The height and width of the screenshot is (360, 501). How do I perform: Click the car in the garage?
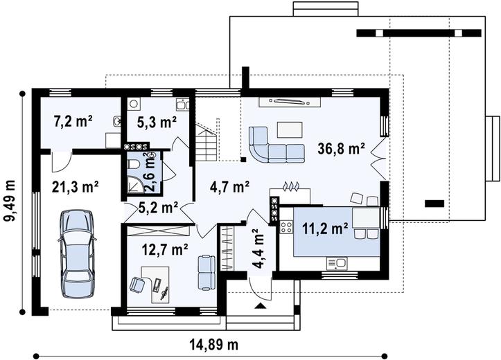[x=78, y=253]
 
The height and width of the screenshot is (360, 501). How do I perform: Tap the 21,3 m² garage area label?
[x=75, y=188]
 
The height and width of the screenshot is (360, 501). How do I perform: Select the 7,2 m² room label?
[x=73, y=122]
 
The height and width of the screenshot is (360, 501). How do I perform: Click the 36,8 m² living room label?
[x=341, y=149]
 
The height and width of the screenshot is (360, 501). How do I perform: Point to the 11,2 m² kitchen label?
[x=325, y=228]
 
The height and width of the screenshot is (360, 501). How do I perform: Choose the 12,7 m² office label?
[x=164, y=249]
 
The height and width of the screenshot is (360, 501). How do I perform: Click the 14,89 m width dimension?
[x=214, y=345]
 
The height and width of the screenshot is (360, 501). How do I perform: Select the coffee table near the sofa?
[x=290, y=129]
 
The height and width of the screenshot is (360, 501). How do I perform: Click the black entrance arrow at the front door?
[x=261, y=306]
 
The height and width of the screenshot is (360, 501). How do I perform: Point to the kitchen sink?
[x=337, y=263]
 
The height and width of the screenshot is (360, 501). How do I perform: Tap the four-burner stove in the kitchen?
[x=286, y=227]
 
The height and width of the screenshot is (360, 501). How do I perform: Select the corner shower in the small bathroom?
[x=136, y=186]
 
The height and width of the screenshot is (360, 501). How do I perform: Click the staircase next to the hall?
[x=206, y=143]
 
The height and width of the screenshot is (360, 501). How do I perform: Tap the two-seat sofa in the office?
[x=206, y=272]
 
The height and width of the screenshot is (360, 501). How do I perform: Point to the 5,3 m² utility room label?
[x=157, y=123]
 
